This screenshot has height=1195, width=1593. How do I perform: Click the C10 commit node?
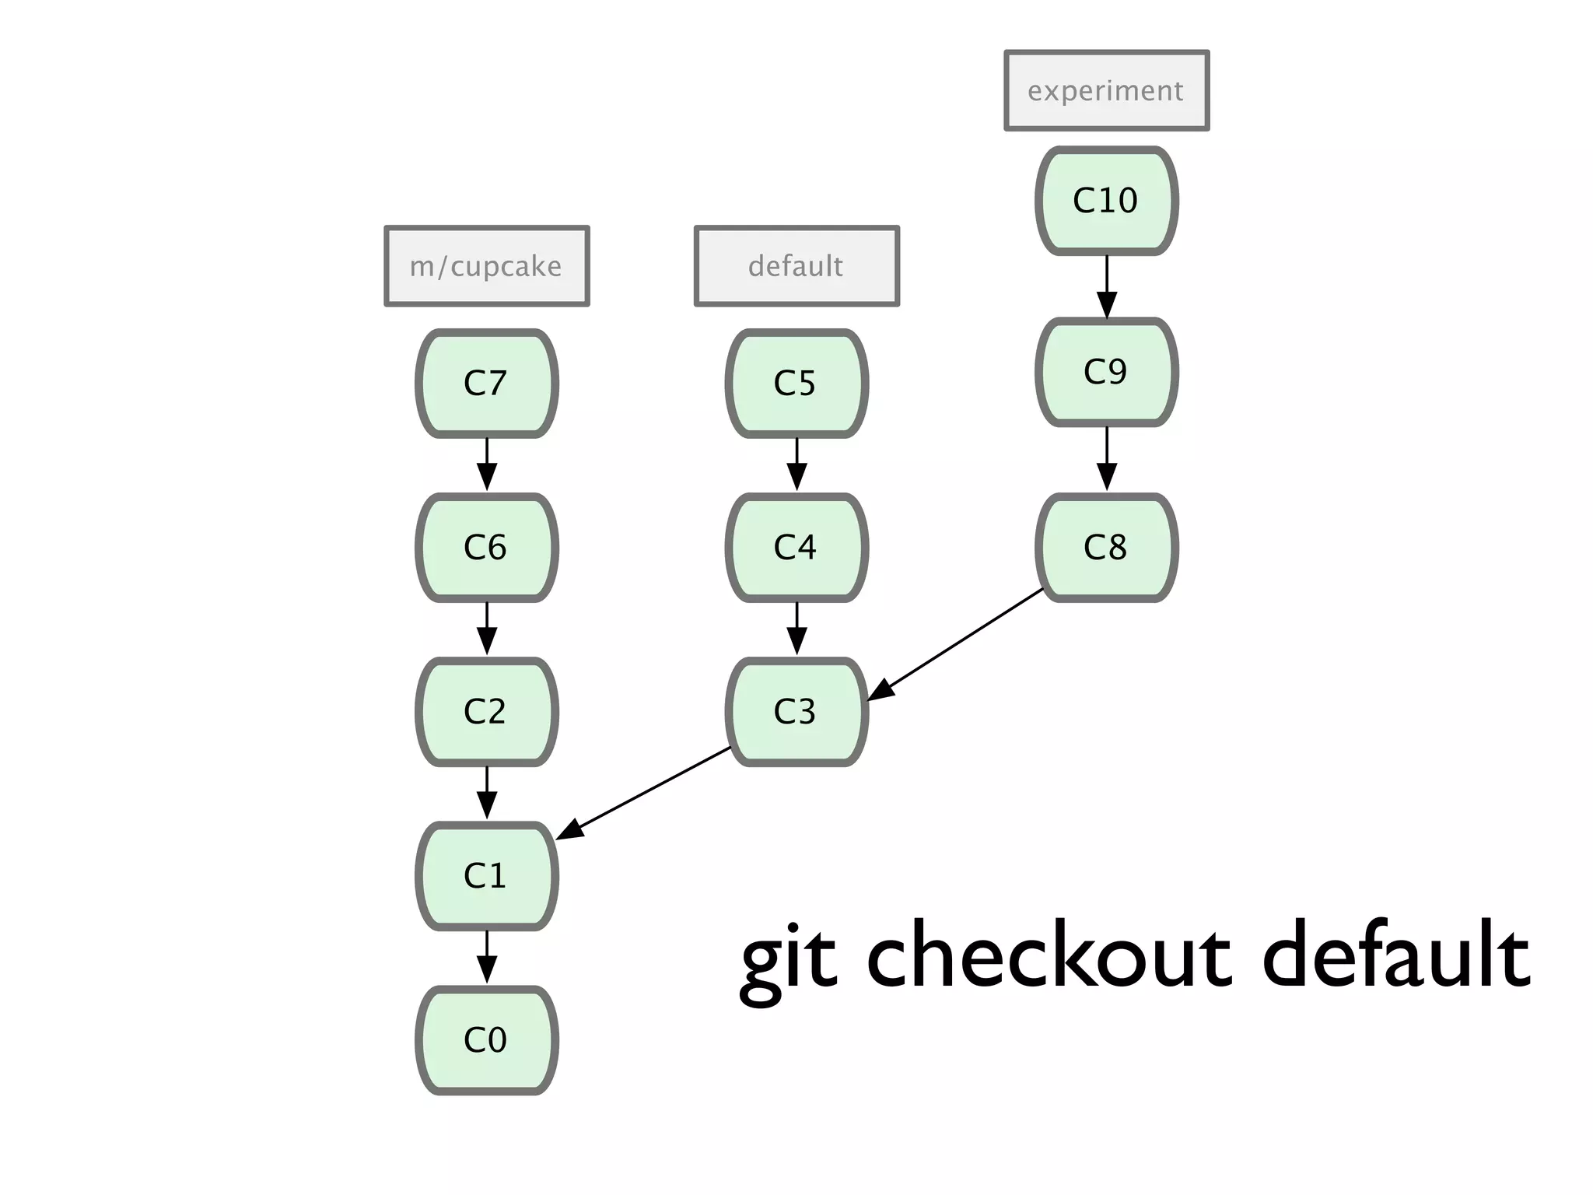pos(1106,201)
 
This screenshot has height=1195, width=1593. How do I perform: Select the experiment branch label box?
pos(1106,90)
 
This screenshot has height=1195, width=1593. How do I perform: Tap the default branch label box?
pos(796,266)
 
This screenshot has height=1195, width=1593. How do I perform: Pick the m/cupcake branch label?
pos(487,266)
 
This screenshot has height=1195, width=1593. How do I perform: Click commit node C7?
pos(487,383)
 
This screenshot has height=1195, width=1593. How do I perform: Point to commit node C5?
pos(796,383)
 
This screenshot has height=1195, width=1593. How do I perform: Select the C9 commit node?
pos(1106,372)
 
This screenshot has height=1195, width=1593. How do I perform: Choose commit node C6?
pos(487,547)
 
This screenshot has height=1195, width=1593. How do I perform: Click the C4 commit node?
pos(796,547)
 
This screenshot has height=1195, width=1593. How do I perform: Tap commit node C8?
pos(1106,547)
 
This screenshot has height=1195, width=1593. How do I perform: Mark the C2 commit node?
pos(487,711)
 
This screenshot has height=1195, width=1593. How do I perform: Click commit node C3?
pos(796,711)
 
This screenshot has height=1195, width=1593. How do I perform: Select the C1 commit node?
pos(487,875)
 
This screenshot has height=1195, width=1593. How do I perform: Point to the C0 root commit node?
pos(487,1039)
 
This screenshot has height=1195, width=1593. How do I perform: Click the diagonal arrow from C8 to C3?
pos(957,643)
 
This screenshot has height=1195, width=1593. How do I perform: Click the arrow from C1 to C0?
pos(487,957)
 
